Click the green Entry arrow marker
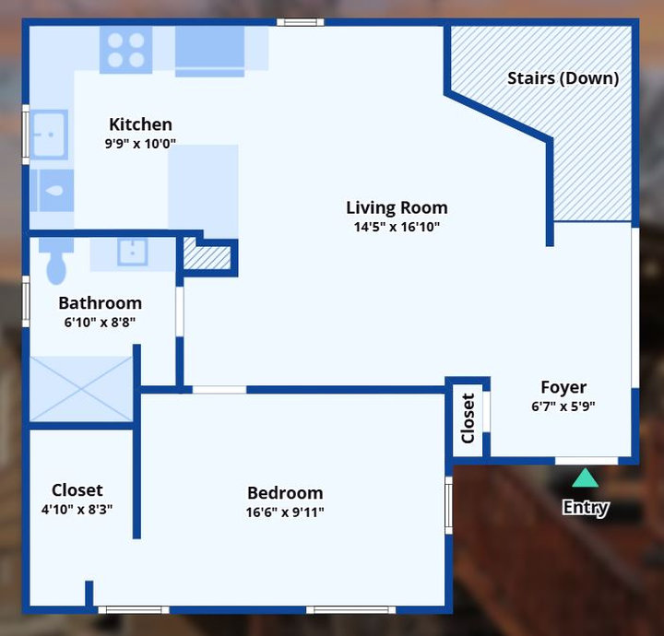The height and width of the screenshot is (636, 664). click(x=585, y=478)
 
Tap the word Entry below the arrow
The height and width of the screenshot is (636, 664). click(x=586, y=507)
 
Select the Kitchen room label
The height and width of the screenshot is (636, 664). click(x=140, y=124)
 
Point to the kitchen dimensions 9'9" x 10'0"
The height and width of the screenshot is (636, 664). click(x=140, y=144)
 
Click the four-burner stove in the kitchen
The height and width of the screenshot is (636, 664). click(x=125, y=50)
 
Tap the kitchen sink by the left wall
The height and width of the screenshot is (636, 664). click(x=49, y=135)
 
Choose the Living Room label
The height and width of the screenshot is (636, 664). click(x=397, y=207)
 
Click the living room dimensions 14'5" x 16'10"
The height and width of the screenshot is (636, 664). click(x=397, y=228)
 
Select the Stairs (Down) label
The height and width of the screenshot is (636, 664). click(x=563, y=78)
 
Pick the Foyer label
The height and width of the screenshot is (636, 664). click(x=563, y=387)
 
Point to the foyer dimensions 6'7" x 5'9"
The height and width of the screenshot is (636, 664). click(x=563, y=406)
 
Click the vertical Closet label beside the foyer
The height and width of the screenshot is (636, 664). click(x=468, y=418)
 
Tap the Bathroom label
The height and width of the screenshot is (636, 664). click(x=100, y=303)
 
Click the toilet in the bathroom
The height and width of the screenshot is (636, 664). click(x=56, y=260)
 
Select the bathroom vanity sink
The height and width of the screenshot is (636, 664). click(x=133, y=252)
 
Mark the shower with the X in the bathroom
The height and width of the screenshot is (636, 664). click(x=81, y=389)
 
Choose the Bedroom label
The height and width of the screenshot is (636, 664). click(x=285, y=493)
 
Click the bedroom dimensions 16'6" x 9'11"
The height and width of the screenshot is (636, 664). click(x=285, y=512)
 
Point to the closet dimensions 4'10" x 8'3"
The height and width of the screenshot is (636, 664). click(x=77, y=510)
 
